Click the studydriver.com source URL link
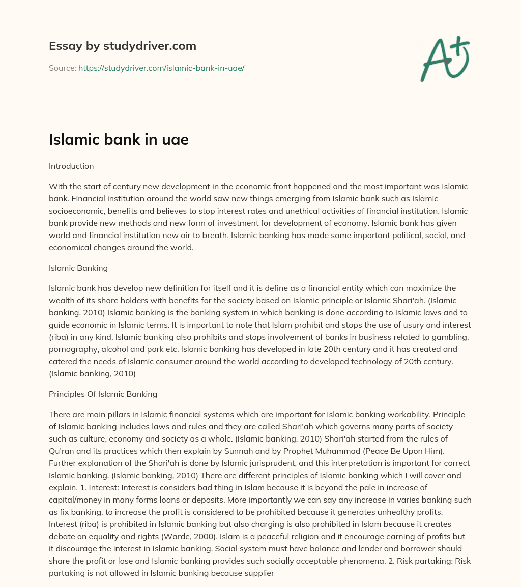(161, 68)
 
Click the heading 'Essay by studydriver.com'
(122, 46)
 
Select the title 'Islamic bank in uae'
(119, 140)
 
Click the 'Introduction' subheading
(71, 166)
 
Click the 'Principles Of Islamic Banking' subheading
(103, 394)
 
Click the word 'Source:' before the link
(63, 68)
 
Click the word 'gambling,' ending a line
(448, 337)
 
